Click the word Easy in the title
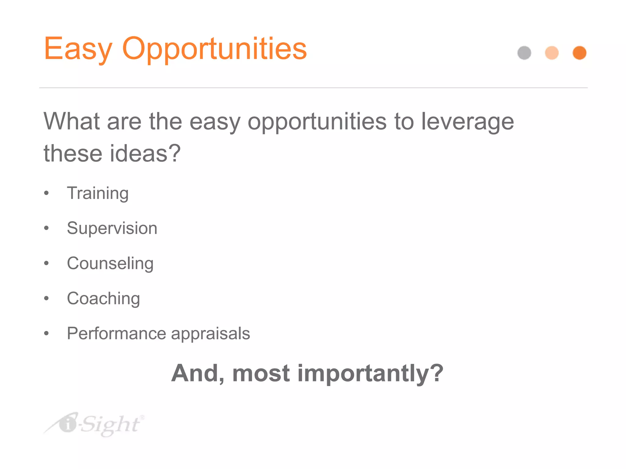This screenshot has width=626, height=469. tap(78, 49)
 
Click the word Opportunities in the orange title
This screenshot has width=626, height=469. tap(214, 49)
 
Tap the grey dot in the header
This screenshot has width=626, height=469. tap(524, 53)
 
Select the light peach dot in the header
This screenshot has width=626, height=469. tap(552, 53)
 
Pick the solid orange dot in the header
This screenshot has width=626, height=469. tap(579, 53)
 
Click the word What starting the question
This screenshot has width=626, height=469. tap(72, 122)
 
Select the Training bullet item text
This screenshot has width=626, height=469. tap(98, 194)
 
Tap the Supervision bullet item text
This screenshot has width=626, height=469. tap(112, 228)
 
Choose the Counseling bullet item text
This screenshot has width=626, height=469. tap(110, 264)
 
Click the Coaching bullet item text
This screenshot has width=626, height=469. tap(103, 299)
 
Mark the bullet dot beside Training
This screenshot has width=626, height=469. tap(46, 193)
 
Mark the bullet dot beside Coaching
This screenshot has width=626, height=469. tap(46, 298)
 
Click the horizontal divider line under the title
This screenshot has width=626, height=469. tap(313, 88)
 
